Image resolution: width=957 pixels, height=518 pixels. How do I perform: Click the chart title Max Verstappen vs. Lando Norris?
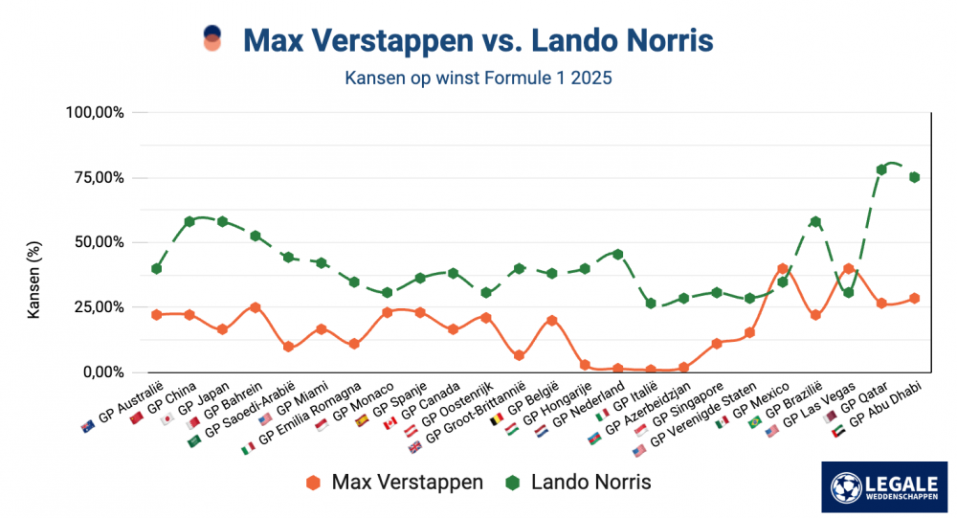[478, 41]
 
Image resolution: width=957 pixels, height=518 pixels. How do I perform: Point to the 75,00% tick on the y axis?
[95, 177]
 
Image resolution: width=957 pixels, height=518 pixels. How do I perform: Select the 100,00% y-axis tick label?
[93, 112]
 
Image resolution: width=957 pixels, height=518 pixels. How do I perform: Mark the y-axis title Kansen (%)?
[33, 281]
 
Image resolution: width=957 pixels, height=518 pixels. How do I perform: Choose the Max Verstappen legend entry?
[395, 482]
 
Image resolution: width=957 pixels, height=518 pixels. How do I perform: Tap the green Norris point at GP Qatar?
[881, 169]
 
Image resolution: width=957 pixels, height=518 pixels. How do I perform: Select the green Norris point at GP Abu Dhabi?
[914, 177]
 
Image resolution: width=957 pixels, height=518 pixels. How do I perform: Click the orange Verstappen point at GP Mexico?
[783, 269]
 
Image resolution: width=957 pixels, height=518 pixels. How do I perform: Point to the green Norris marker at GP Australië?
[156, 269]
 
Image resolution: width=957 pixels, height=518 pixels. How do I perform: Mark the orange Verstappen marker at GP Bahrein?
[255, 307]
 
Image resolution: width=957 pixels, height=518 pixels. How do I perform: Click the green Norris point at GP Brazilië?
[815, 221]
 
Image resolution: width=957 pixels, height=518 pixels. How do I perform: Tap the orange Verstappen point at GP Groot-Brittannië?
[519, 355]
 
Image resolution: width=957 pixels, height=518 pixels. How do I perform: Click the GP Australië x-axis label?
[125, 407]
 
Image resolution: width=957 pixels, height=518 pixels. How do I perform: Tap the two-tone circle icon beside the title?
[212, 39]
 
